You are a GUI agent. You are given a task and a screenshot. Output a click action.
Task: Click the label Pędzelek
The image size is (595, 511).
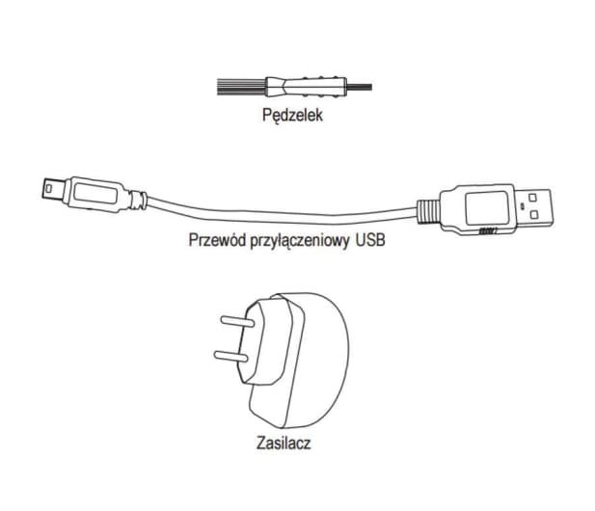(x=292, y=115)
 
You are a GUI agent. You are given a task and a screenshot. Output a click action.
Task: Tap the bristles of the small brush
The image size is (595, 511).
(x=240, y=87)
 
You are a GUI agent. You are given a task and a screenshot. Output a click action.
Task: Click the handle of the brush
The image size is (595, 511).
(x=306, y=87)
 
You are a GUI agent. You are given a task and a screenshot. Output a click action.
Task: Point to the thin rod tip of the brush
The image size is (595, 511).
(x=360, y=87)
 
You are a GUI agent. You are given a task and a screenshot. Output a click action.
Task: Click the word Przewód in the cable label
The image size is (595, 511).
(x=217, y=240)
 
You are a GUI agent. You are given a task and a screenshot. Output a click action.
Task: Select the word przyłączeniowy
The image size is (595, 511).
(x=300, y=241)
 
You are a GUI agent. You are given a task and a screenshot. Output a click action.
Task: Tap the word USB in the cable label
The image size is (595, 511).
(x=370, y=240)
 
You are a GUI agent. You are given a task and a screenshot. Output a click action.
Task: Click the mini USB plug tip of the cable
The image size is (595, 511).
(x=53, y=189)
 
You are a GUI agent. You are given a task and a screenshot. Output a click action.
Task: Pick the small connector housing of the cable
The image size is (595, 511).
(x=95, y=194)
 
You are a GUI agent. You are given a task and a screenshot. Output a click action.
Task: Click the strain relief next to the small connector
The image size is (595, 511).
(x=137, y=200)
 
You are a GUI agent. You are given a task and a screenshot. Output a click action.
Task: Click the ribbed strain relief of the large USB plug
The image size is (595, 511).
(x=428, y=212)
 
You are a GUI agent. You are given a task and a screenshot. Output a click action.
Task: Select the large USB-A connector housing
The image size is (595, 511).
(x=479, y=209)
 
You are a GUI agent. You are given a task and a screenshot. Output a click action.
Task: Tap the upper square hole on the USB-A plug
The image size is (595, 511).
(x=532, y=198)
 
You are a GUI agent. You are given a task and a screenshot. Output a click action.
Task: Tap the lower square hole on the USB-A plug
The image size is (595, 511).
(x=534, y=215)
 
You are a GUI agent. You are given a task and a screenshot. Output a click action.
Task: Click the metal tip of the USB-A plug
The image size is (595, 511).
(x=534, y=208)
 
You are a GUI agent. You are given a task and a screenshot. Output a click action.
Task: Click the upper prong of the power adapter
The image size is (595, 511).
(x=237, y=322)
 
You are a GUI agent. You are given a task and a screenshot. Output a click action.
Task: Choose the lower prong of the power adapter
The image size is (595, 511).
(x=231, y=356)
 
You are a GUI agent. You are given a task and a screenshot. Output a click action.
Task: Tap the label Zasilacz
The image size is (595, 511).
(x=284, y=443)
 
